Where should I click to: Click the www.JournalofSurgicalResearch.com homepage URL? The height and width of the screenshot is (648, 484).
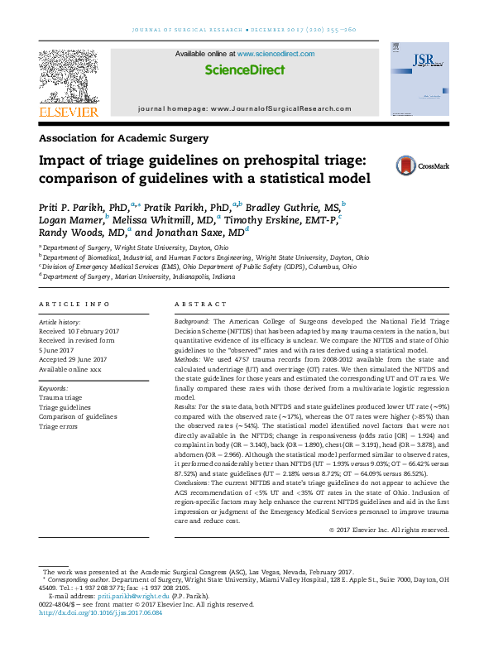270,108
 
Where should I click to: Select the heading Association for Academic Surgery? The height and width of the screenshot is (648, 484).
124,138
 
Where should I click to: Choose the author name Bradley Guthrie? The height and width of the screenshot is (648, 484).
283,204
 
